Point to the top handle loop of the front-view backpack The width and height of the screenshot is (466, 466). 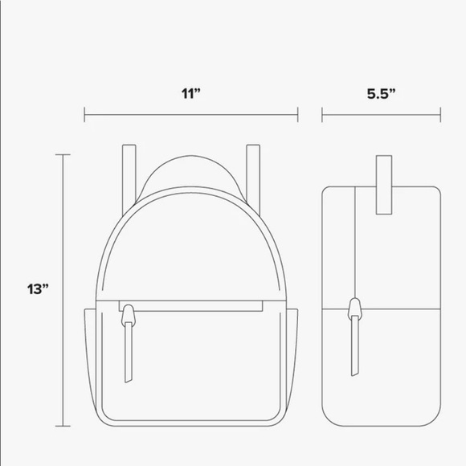190,173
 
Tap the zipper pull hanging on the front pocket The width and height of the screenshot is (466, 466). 128,345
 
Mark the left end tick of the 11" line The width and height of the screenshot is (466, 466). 84,117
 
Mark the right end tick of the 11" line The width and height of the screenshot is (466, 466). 298,117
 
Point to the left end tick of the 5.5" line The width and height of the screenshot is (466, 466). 322,117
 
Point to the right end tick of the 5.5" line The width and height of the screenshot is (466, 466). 442,117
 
